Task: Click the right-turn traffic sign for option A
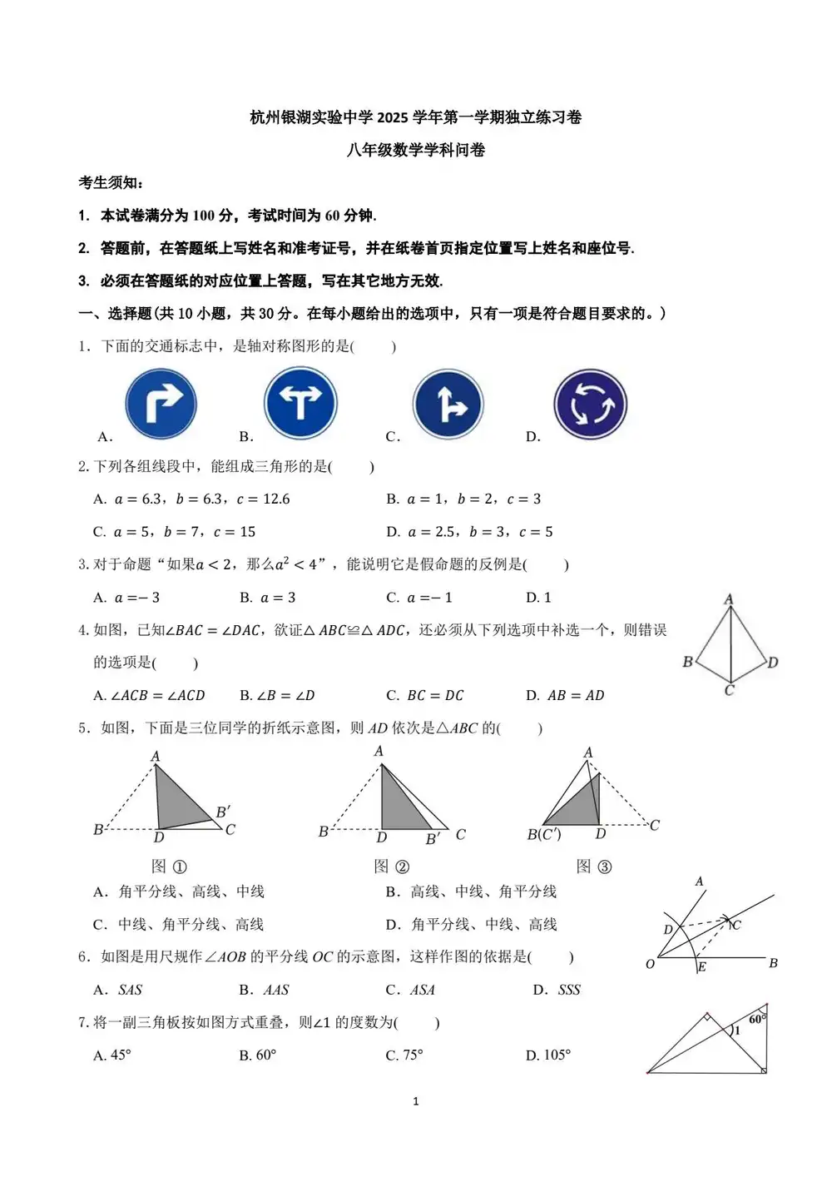tap(161, 405)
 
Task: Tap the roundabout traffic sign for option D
tap(590, 405)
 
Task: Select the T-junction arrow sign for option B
tap(300, 404)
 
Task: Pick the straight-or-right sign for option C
tap(448, 405)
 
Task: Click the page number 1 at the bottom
tap(416, 1101)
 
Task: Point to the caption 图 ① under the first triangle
tap(169, 867)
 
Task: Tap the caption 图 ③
tap(594, 867)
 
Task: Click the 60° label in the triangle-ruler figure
tap(757, 1019)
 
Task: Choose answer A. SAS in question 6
tap(118, 990)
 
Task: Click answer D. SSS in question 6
tap(557, 990)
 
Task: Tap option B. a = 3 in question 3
tap(268, 598)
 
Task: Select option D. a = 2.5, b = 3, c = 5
tap(470, 532)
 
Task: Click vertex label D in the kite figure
tap(773, 663)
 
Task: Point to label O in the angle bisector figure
tap(650, 964)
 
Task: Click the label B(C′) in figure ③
tap(544, 834)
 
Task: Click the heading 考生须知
tap(111, 182)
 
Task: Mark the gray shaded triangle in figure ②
tap(399, 803)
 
